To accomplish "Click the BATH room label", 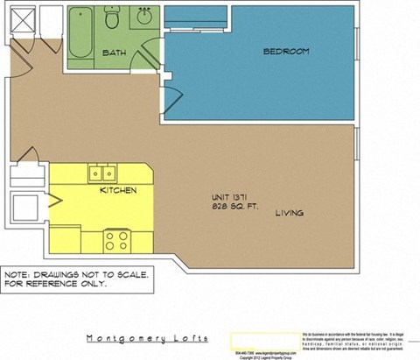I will [115, 53].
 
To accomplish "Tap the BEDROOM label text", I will [286, 52].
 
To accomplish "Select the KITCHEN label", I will [118, 190].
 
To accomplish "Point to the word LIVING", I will [290, 213].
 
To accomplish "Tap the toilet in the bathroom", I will [112, 17].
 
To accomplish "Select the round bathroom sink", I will [143, 17].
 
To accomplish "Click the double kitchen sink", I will [102, 173].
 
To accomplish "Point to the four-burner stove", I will [117, 239].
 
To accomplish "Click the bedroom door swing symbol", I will [171, 98].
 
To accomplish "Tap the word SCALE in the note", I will [131, 274].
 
